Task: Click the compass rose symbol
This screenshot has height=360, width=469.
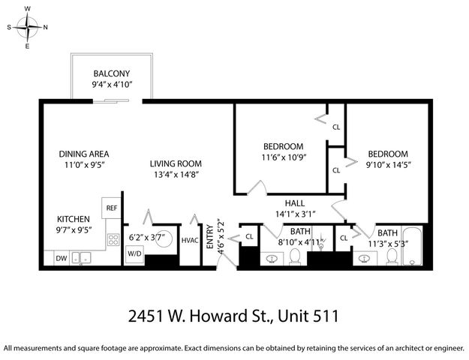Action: [x=28, y=28]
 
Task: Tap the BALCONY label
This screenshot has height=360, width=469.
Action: [x=112, y=73]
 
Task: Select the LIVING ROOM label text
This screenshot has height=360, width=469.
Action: [x=176, y=163]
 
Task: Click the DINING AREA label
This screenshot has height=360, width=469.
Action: [x=84, y=154]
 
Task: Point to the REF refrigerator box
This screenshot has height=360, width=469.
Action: [x=111, y=208]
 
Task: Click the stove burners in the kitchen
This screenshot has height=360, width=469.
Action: [x=113, y=240]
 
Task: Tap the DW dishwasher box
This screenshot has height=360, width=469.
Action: [x=61, y=259]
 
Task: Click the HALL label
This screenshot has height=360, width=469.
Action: [x=294, y=203]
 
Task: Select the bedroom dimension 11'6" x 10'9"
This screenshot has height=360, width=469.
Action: [x=282, y=157]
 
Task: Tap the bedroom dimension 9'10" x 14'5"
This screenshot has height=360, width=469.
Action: [x=388, y=164]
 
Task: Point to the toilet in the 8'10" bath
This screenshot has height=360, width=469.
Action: [x=295, y=257]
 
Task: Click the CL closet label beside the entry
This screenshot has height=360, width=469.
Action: [x=248, y=238]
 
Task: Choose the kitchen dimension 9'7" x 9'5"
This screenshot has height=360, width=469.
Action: [x=73, y=230]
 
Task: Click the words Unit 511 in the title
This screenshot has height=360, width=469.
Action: [x=308, y=316]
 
